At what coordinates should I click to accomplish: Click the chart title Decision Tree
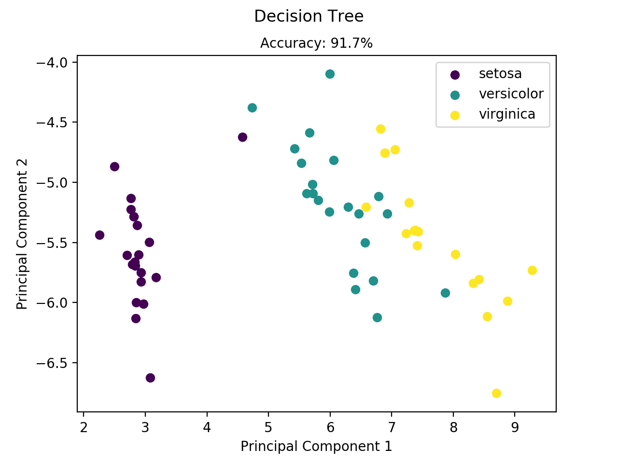pos(309,16)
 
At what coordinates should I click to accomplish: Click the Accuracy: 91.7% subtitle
pos(316,43)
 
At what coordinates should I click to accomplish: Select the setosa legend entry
pos(500,74)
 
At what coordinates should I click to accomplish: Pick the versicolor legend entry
pos(511,94)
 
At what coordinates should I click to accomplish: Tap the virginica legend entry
pos(507,114)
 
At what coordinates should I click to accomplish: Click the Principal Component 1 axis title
pos(316,446)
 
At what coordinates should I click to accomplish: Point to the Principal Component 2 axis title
pos(22,234)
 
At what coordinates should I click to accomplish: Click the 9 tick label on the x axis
pos(515,427)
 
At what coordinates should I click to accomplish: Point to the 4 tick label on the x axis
pos(207,427)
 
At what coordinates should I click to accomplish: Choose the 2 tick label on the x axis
pos(84,427)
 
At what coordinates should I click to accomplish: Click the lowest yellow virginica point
pos(496,393)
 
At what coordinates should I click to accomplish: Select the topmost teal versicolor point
pos(330,74)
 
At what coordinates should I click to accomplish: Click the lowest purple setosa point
pos(150,378)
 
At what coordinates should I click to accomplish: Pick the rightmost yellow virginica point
pos(532,270)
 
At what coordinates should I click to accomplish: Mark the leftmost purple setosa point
pos(99,235)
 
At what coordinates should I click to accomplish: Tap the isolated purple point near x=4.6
pos(242,137)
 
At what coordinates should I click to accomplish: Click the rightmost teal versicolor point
pos(445,293)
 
